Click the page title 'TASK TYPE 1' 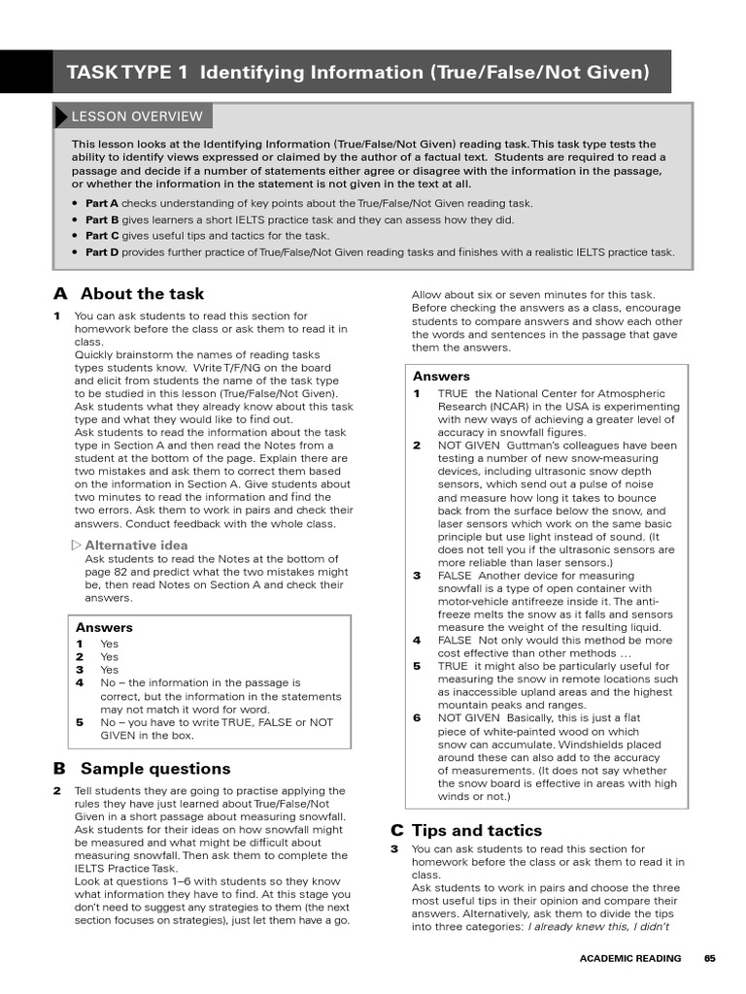point(127,73)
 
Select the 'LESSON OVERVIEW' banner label point(136,116)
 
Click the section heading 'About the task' point(142,294)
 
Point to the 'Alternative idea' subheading point(136,546)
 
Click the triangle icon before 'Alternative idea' point(77,546)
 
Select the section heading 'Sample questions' point(155,769)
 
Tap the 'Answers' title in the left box point(104,628)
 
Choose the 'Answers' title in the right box point(441,377)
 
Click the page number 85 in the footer point(710,958)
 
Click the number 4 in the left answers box point(80,683)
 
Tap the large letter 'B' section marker point(60,769)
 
